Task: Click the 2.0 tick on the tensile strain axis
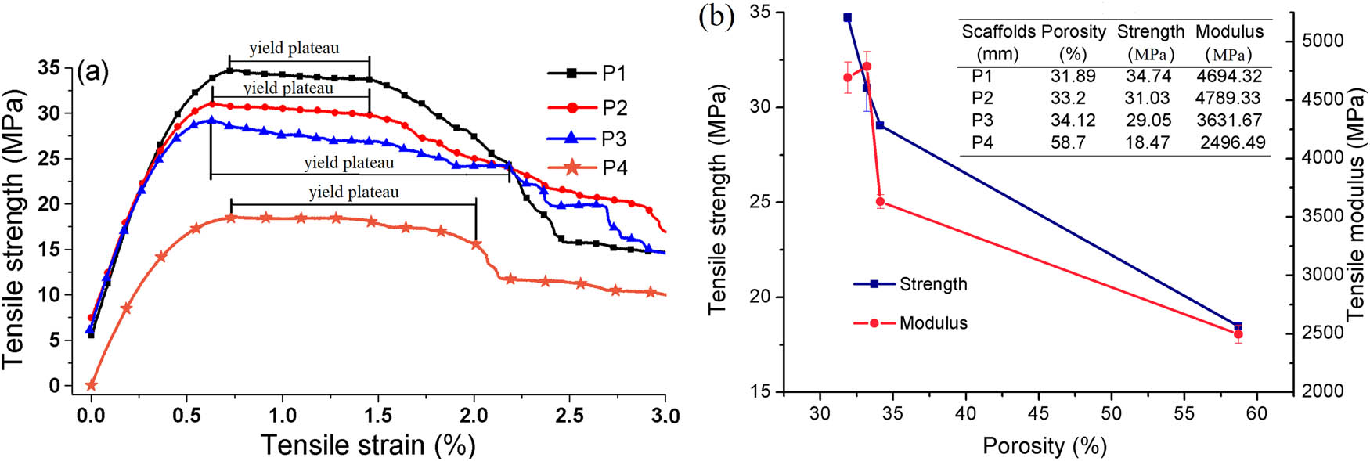click(x=474, y=416)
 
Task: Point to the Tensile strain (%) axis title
click(x=368, y=445)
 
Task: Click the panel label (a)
click(x=92, y=71)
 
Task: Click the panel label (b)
click(x=716, y=16)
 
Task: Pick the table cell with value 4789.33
click(x=1228, y=98)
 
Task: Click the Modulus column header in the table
click(x=1228, y=31)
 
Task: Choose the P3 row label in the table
click(x=982, y=121)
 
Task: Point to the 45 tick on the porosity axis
click(x=1038, y=413)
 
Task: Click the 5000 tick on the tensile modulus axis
click(x=1322, y=41)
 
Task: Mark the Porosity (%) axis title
click(x=1044, y=446)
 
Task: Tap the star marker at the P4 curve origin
click(x=92, y=385)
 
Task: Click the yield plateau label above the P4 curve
click(x=354, y=192)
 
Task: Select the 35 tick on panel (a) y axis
click(x=49, y=67)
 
